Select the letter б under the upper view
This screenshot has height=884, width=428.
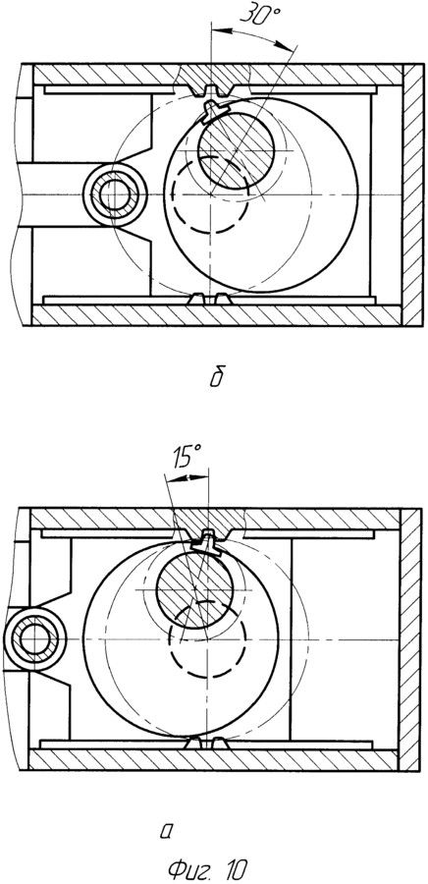click(x=217, y=376)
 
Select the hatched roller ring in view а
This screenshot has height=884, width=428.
click(x=35, y=639)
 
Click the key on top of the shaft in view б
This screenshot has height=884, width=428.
click(x=213, y=109)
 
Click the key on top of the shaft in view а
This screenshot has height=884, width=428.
click(x=204, y=543)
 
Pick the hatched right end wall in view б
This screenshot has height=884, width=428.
click(x=413, y=194)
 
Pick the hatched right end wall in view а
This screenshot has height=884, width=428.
click(x=410, y=638)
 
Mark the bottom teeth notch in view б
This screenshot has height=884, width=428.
click(x=211, y=299)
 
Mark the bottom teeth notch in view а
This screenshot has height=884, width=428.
click(x=207, y=744)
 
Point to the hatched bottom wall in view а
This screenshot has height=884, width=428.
click(x=213, y=760)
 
